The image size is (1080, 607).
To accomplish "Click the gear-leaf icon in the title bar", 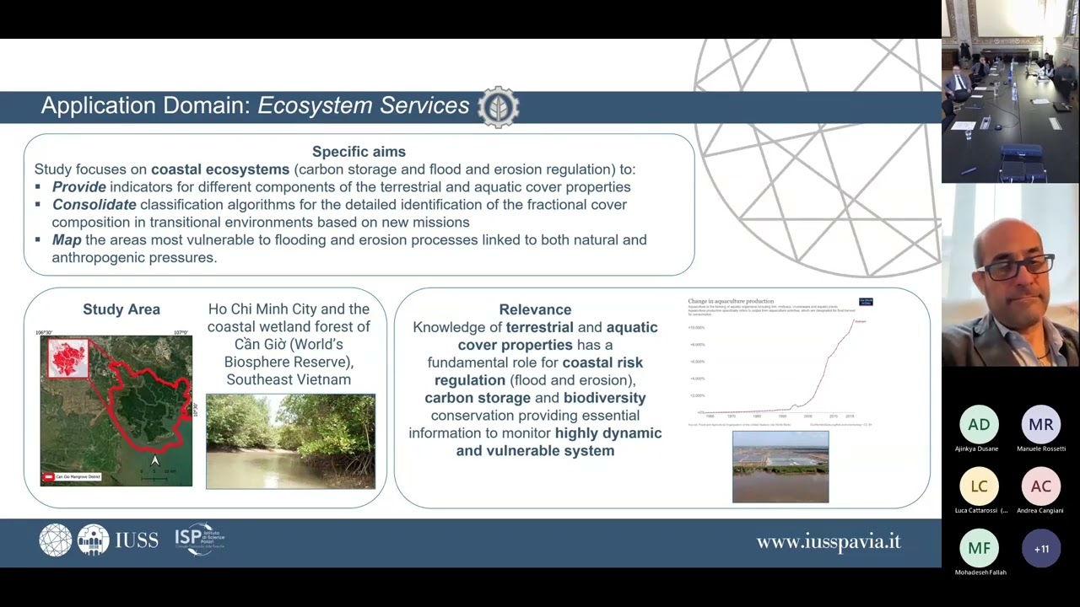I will pos(498,107).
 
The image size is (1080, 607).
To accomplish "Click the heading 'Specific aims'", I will pos(359,152).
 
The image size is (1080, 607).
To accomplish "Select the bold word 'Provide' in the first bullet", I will pos(79,187).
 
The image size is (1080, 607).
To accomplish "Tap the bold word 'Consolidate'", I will pos(94,205).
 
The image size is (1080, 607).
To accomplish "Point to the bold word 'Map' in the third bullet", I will pos(67,240).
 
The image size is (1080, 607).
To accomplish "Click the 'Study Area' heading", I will pos(121,309).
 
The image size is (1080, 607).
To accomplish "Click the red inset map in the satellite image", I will pos(67,357).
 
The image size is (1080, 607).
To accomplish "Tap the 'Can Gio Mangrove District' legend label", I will pos(78,477).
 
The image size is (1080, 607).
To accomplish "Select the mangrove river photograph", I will pos(290,441).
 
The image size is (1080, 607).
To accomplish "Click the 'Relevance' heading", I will pos(535,309).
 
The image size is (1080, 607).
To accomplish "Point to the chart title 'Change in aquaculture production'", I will pos(731,301).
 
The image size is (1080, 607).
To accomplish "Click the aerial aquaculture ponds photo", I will pos(780,467).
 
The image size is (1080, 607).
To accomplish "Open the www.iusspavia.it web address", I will pos(829,542).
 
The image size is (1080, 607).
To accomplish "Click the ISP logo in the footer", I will pos(199,539).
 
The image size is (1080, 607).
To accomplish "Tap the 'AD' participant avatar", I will pos(979,425).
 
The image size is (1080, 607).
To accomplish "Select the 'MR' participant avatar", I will pos(1041,425).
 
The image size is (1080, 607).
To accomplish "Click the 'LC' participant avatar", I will pos(979,486).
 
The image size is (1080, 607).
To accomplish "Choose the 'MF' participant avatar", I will pos(979,549).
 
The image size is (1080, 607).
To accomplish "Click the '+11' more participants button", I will pos(1041,549).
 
